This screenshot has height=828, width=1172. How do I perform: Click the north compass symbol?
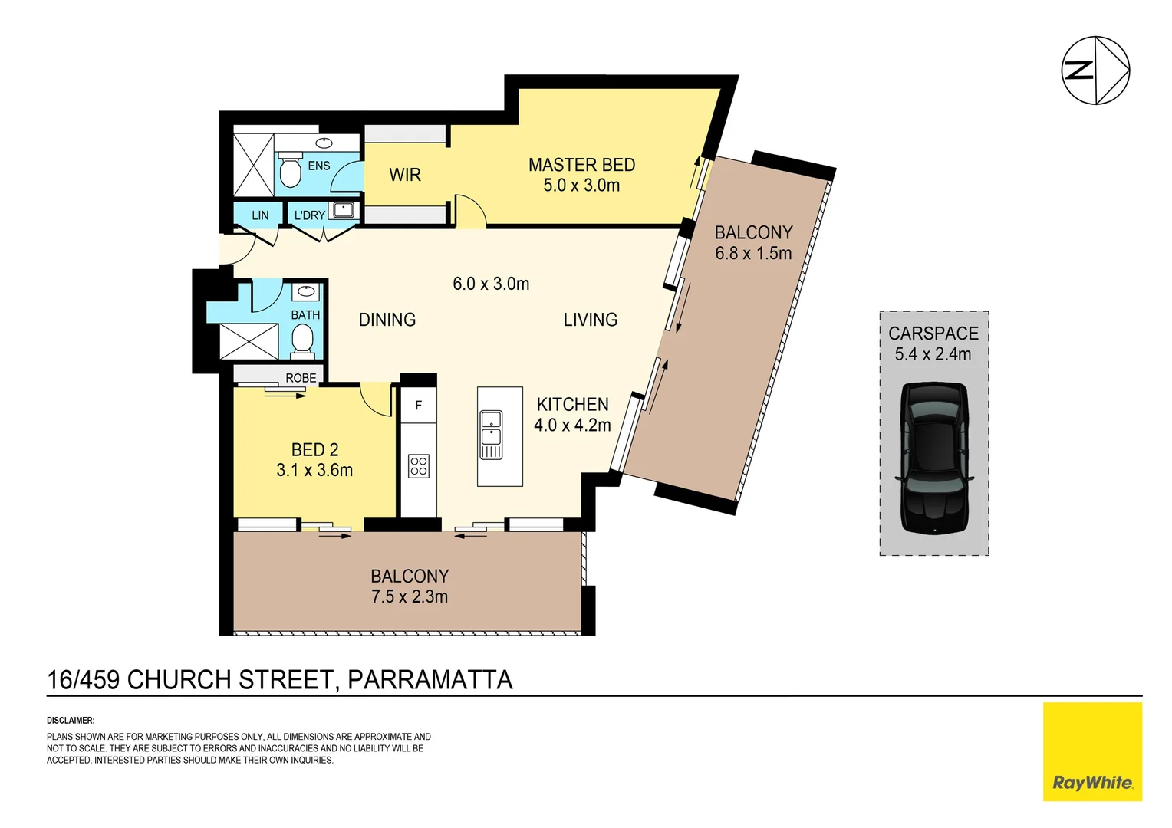(x=1095, y=70)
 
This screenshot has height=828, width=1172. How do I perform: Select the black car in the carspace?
(x=933, y=458)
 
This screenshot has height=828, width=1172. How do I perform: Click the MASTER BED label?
(x=581, y=165)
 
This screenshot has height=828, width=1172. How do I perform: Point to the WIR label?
(x=405, y=175)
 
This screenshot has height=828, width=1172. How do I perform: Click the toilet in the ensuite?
(x=290, y=172)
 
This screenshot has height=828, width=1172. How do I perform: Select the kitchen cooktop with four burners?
(x=419, y=466)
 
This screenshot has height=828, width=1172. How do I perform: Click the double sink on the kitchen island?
(x=491, y=434)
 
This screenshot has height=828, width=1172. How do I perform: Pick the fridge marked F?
(x=419, y=406)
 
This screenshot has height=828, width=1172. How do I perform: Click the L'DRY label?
(x=310, y=215)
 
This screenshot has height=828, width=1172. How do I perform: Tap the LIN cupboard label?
(x=260, y=215)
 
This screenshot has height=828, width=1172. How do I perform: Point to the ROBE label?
(x=301, y=378)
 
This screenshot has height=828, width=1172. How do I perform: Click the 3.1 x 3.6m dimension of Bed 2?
(x=314, y=470)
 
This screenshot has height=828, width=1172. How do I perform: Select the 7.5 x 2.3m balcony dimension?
(x=410, y=596)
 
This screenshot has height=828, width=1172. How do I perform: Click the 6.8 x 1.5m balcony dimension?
(x=753, y=253)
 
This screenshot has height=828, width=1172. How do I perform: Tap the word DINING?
(x=387, y=320)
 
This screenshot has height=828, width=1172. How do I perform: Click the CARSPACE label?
(x=933, y=333)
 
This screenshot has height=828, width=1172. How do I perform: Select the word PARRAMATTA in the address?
(x=430, y=680)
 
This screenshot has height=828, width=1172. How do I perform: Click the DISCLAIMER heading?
(x=71, y=721)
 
